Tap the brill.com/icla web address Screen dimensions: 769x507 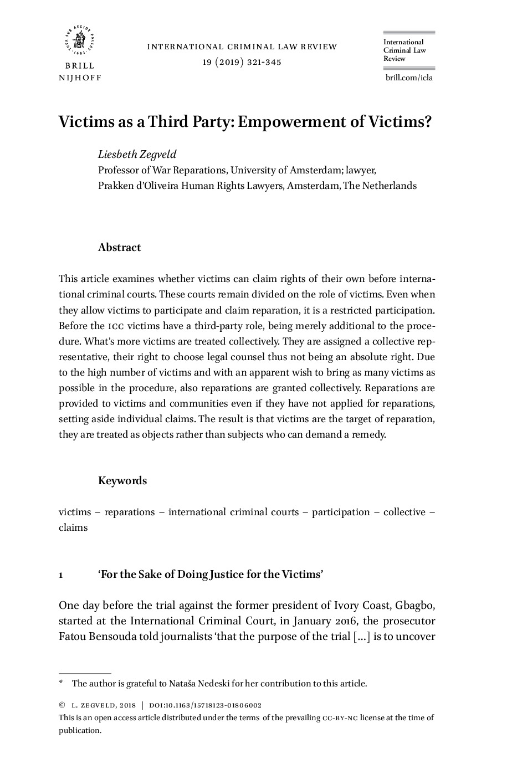(x=409, y=78)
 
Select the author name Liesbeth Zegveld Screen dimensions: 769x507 (x=137, y=154)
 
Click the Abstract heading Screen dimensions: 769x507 (x=119, y=248)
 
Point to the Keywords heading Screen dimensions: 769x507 (x=122, y=481)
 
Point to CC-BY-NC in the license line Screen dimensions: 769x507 (x=340, y=718)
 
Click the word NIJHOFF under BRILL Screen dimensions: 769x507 (x=80, y=78)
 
